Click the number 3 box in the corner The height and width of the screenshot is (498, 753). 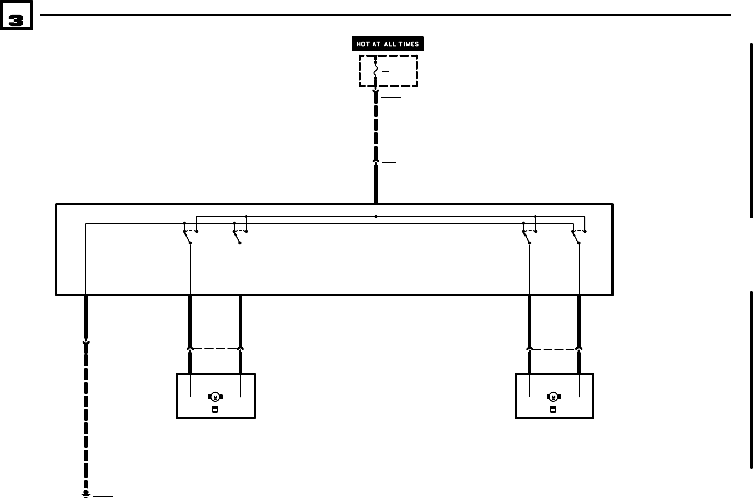pos(16,20)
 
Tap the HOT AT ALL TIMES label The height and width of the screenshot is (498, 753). pos(388,44)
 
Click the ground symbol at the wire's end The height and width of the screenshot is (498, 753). pos(86,494)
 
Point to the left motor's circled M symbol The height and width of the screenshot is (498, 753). pos(215,397)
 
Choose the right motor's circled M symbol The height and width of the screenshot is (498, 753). pos(553,397)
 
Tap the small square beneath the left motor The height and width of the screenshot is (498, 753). pos(215,409)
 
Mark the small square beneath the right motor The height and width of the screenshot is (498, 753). pos(553,409)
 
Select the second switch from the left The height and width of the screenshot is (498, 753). pos(237,236)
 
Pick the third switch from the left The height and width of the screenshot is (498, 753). pos(527,236)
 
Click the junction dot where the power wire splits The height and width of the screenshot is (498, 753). pos(376,216)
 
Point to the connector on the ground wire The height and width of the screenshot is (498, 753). pos(86,342)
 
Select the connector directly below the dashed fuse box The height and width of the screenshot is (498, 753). pos(376,93)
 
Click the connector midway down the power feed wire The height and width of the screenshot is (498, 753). pos(376,161)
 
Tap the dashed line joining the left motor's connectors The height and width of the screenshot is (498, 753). pos(215,349)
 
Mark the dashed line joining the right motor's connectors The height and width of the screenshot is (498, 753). pos(554,349)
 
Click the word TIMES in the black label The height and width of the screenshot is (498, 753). pos(408,44)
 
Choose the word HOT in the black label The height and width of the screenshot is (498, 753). pos(363,44)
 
